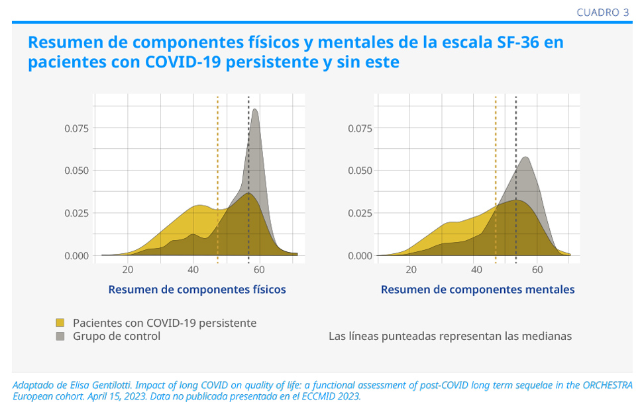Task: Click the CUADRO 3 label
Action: point(602,13)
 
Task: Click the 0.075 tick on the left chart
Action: point(76,128)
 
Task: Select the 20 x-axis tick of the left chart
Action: point(128,269)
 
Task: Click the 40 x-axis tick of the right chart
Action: point(476,269)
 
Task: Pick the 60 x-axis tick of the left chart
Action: point(258,269)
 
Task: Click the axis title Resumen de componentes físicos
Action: point(197,290)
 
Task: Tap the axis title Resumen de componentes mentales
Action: point(477,290)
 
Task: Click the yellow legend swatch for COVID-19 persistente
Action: point(60,323)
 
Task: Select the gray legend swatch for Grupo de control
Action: point(60,336)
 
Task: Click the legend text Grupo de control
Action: point(117,336)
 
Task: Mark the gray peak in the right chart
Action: point(526,158)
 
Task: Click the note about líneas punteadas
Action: point(450,336)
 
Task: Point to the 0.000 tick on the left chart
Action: point(76,256)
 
